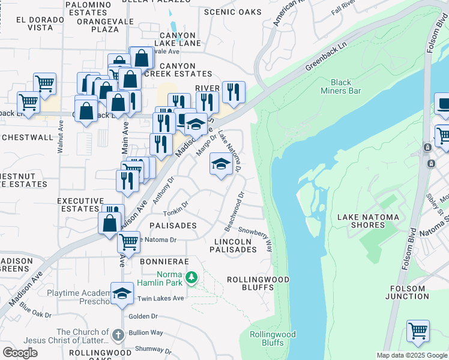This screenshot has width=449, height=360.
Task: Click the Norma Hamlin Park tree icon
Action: pyautogui.click(x=191, y=277)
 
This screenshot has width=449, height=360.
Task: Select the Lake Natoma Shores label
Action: pyautogui.click(x=369, y=221)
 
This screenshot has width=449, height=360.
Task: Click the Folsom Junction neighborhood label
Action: pyautogui.click(x=407, y=292)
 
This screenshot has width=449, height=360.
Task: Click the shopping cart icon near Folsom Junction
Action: pyautogui.click(x=418, y=330)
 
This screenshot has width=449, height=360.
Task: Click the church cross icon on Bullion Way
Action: pyautogui.click(x=118, y=333)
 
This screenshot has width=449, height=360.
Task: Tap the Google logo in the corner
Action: pyautogui.click(x=20, y=353)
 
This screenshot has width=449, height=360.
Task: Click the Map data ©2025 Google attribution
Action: pyautogui.click(x=412, y=355)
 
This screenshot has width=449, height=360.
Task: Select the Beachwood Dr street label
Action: pyautogui.click(x=235, y=211)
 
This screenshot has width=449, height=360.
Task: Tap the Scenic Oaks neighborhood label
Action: pyautogui.click(x=233, y=12)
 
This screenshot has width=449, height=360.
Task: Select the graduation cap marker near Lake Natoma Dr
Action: pyautogui.click(x=221, y=164)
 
